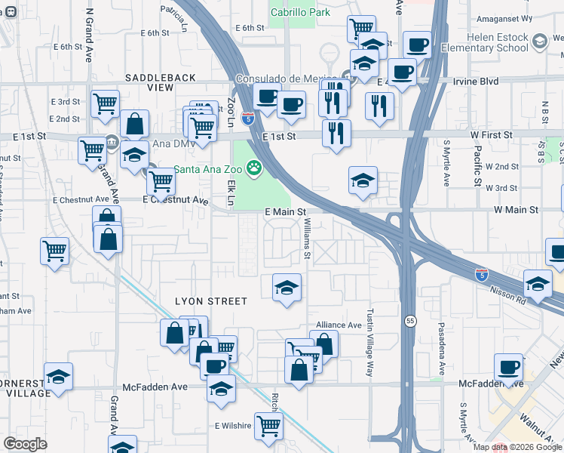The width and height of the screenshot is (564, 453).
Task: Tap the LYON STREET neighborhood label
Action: coord(211,300)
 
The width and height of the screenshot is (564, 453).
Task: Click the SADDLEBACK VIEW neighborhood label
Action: coord(161,82)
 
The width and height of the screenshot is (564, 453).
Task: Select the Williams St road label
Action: coord(307,239)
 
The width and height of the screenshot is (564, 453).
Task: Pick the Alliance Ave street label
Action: coord(339,325)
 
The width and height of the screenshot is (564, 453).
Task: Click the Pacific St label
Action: coord(477,166)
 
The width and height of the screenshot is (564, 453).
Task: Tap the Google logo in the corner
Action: coord(26,443)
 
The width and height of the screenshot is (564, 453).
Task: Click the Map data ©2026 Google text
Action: coord(517,447)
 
